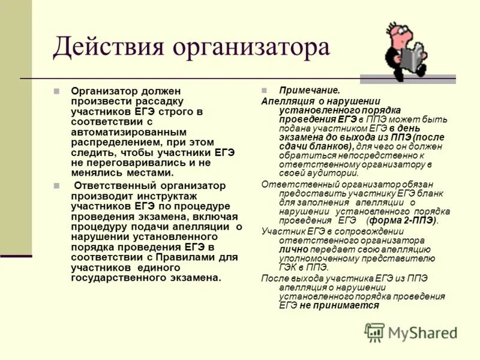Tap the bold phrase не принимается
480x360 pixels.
[x=340, y=305]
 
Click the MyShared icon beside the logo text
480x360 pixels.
[x=374, y=332]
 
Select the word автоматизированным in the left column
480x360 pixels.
[x=129, y=131]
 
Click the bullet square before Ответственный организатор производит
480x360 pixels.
[x=57, y=186]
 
